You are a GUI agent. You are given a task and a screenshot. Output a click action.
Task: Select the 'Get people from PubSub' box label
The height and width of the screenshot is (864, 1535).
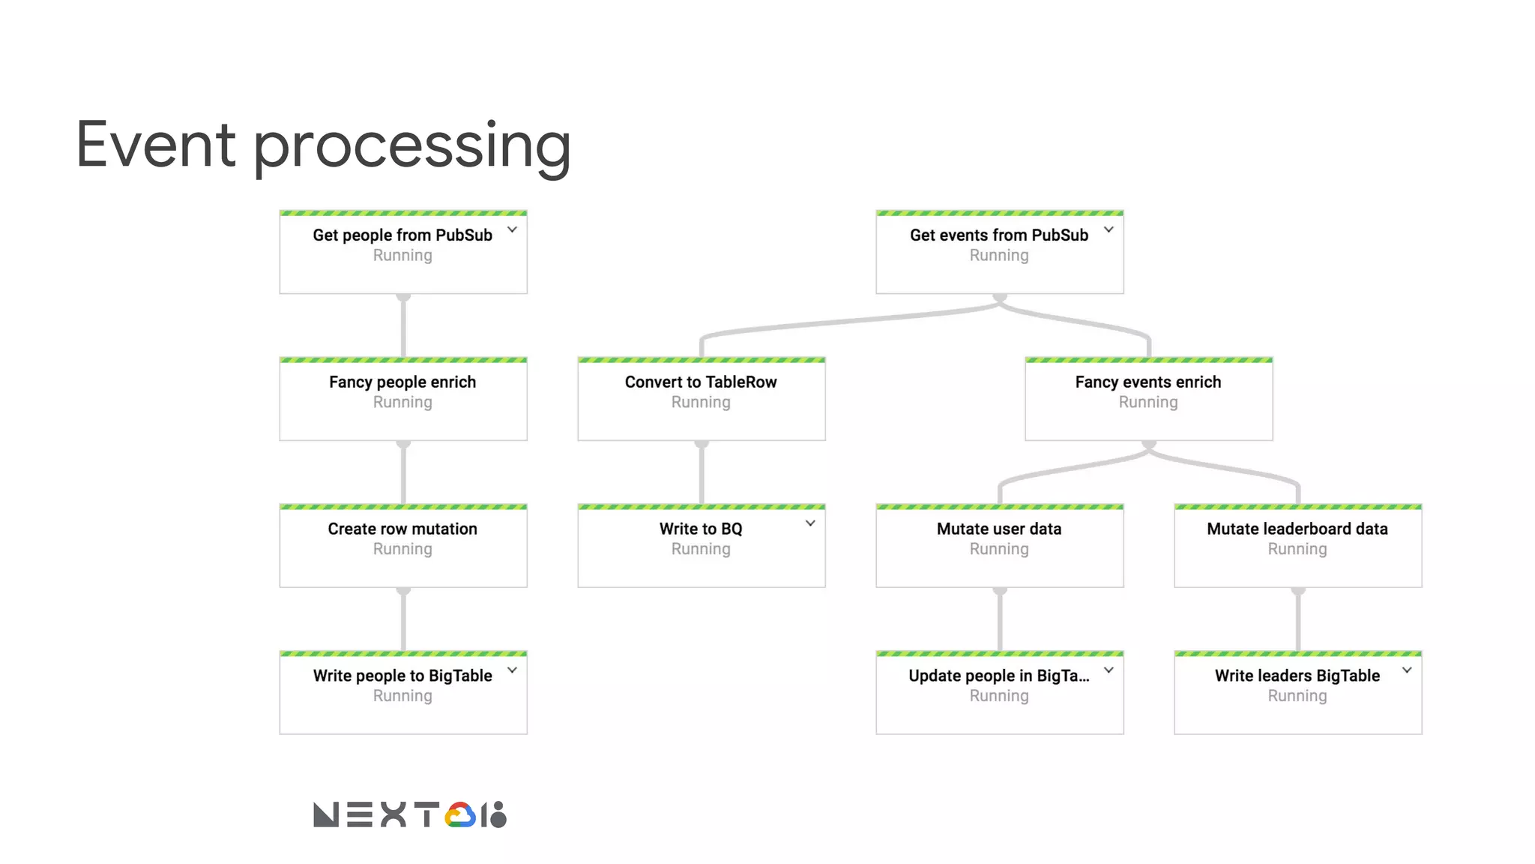(402, 235)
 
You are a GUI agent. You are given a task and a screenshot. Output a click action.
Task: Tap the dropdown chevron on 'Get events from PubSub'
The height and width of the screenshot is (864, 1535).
(1109, 229)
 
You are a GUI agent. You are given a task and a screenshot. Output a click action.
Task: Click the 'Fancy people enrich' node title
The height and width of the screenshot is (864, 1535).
(402, 382)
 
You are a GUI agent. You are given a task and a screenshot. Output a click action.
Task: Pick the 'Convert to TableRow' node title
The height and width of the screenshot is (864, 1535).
(701, 382)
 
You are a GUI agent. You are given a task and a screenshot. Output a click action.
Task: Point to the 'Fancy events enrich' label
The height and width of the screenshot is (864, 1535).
(1148, 382)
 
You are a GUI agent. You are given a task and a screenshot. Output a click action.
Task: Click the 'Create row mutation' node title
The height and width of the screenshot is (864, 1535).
(402, 529)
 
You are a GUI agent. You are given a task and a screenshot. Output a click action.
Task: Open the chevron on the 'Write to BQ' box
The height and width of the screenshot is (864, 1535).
(810, 523)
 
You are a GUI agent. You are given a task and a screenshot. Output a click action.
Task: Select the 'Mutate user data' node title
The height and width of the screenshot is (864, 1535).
(998, 529)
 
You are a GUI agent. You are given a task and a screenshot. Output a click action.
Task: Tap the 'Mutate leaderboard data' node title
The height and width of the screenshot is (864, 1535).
(1297, 529)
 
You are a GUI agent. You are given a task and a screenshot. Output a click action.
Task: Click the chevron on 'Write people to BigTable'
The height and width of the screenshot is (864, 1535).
(512, 670)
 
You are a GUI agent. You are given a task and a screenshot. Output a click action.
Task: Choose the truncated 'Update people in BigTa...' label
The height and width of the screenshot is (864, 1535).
(998, 676)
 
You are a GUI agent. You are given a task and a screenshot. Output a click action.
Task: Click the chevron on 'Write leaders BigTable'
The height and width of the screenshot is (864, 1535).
(1407, 670)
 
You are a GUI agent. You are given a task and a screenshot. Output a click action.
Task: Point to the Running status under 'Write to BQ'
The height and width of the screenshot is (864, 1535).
(701, 549)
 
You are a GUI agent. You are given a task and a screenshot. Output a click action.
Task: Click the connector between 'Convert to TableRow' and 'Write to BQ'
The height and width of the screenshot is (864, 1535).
(702, 472)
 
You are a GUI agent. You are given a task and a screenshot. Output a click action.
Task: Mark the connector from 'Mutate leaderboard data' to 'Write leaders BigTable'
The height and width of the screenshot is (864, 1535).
(1298, 619)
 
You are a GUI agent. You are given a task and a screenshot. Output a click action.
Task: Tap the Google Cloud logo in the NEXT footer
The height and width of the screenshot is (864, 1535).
(460, 815)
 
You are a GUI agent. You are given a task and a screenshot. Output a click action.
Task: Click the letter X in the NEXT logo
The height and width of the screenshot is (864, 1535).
(393, 814)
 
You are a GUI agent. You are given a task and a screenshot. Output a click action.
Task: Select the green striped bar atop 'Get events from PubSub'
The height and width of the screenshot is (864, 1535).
(999, 213)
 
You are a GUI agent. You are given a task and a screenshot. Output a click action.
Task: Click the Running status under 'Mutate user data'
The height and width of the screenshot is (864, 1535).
(998, 549)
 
